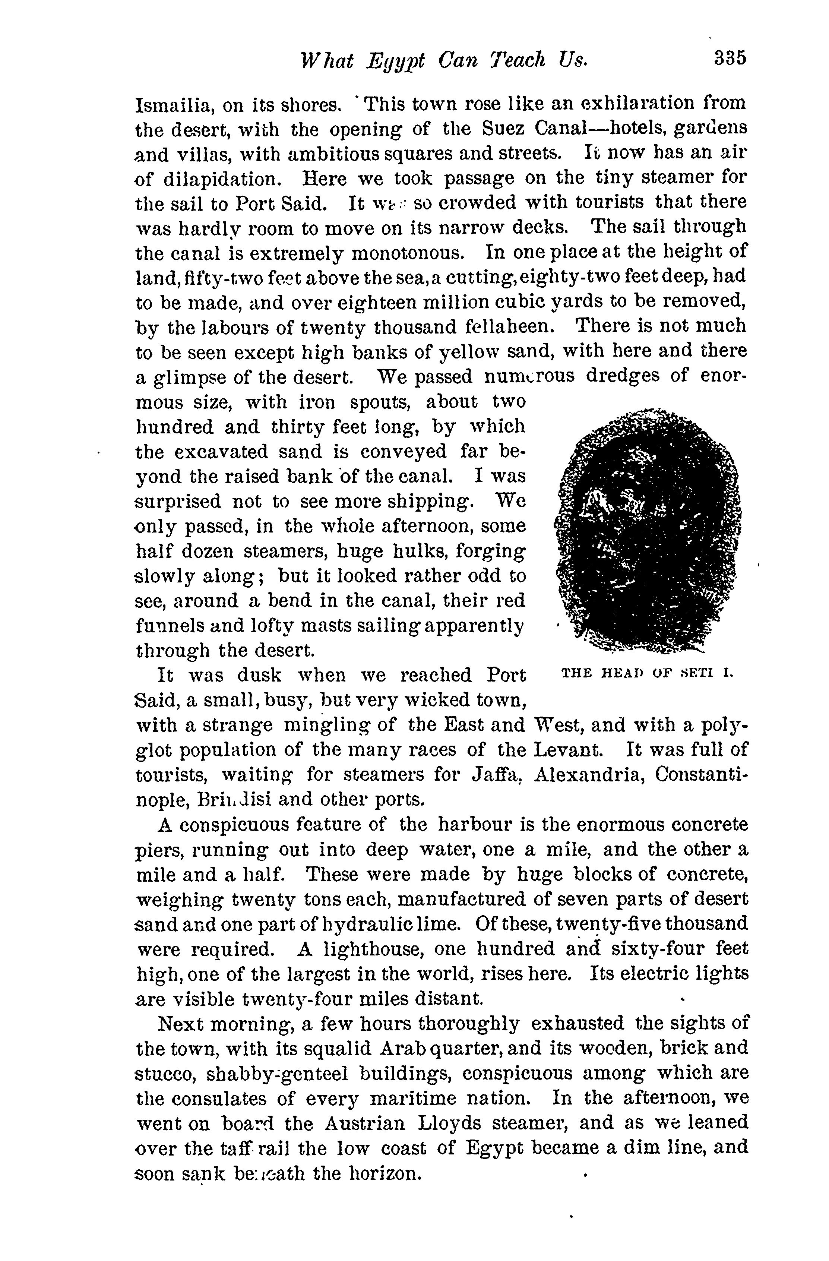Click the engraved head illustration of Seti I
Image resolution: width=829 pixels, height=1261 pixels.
tap(647, 530)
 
